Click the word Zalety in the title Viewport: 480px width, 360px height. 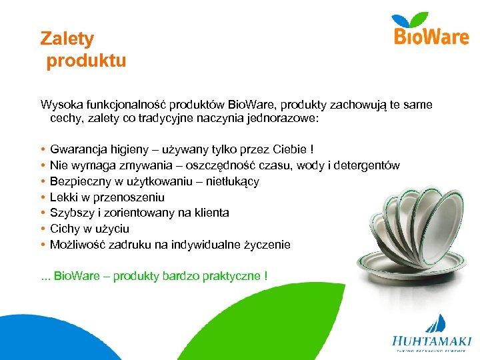point(67,39)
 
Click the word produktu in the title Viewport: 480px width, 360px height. point(86,61)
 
